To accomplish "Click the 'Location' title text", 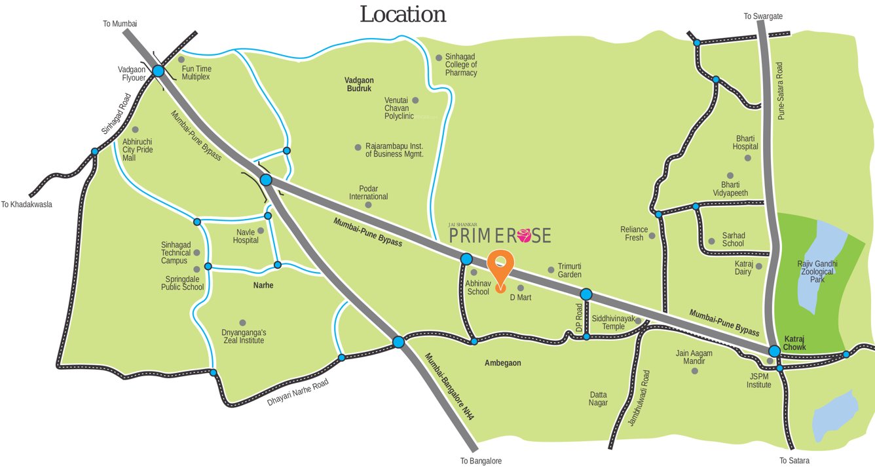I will click(x=403, y=14).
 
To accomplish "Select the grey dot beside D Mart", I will click(x=521, y=288).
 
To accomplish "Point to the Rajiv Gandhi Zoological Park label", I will click(x=817, y=271).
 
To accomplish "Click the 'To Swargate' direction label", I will click(x=763, y=16).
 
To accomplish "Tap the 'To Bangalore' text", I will click(x=481, y=461).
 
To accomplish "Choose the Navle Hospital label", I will click(x=246, y=236).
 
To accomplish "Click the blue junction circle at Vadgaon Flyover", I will click(x=158, y=71).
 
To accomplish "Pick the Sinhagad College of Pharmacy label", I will click(x=461, y=65).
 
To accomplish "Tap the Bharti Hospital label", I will click(x=745, y=143).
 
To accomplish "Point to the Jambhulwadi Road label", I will click(x=638, y=399).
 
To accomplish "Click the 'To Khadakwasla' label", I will click(x=26, y=205).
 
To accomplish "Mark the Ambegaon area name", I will click(x=503, y=362).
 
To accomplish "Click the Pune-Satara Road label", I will click(x=780, y=91).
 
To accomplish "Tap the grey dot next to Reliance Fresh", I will click(x=652, y=235).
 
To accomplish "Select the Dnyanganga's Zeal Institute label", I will click(x=243, y=336).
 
